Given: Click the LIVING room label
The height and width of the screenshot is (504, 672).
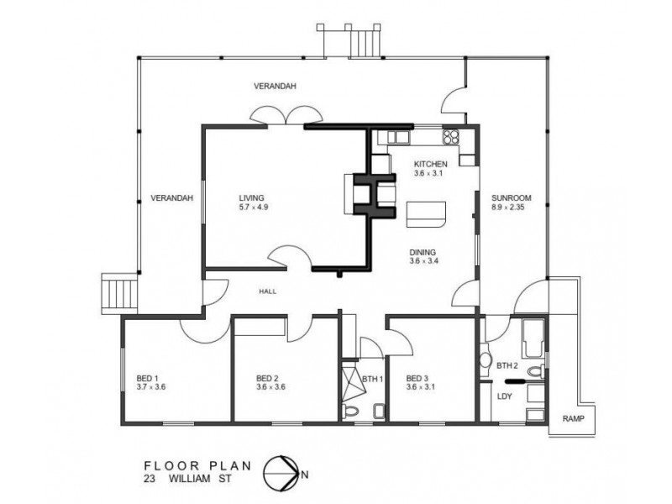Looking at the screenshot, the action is [251, 198].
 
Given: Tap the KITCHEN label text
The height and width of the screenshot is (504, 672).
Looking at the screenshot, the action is [430, 164].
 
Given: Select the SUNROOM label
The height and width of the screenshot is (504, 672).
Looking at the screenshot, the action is [512, 198].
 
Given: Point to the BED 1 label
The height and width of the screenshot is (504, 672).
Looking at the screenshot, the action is [148, 379].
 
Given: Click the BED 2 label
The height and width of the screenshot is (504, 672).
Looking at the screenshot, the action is [267, 379].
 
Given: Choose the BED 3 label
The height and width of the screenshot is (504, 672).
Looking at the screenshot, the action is [417, 379].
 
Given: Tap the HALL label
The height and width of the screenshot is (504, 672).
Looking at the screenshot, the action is [267, 291].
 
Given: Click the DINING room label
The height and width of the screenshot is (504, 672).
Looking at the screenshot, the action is [423, 253].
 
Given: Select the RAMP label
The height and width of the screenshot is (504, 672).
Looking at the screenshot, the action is [573, 418].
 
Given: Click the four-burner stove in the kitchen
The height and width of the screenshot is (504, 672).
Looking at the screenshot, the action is [450, 136].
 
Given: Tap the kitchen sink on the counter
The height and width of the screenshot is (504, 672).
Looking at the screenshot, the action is [398, 137].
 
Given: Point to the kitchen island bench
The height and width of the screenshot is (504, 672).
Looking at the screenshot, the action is [426, 214].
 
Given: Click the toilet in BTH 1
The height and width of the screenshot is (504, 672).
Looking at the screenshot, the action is [351, 411].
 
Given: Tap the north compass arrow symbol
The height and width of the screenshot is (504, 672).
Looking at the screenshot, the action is [281, 474].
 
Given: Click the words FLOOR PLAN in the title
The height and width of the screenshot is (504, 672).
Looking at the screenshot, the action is [197, 466].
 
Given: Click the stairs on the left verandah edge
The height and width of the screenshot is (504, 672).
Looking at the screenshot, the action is [119, 294].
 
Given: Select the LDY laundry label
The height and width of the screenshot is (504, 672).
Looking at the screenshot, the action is [505, 396].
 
